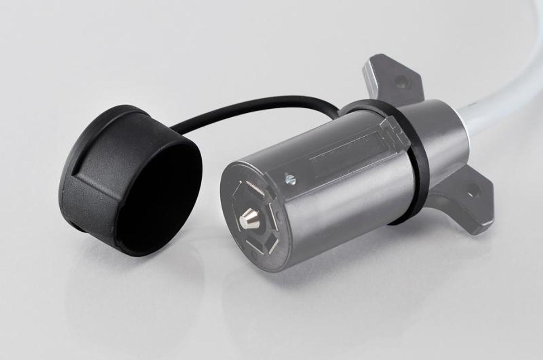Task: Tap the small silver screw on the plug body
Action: (x=290, y=180)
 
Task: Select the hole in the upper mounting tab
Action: (x=401, y=82)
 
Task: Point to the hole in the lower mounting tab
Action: (x=473, y=191)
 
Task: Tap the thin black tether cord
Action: (x=253, y=106)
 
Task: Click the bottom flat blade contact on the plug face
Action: (x=254, y=247)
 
